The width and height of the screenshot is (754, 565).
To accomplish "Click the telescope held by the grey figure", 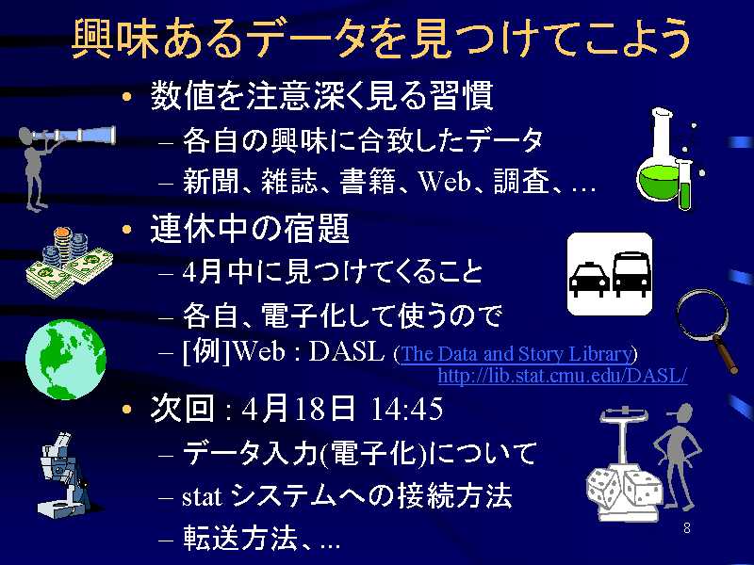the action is [74, 135].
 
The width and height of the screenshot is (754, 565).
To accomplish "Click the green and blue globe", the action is [66, 359].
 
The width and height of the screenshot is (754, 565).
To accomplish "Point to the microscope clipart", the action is [64, 475].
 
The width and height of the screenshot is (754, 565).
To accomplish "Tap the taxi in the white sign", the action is [589, 278].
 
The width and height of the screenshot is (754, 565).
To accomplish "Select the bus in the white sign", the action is [631, 274].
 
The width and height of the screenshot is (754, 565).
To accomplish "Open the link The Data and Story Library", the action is [516, 354].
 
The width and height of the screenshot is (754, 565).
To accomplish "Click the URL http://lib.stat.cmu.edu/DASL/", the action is [562, 375].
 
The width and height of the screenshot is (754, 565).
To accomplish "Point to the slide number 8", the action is [687, 528].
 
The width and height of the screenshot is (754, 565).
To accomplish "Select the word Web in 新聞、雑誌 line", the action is [444, 182].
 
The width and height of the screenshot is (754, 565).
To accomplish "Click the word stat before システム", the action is [202, 497].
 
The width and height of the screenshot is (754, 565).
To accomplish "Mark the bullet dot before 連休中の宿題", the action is [127, 229].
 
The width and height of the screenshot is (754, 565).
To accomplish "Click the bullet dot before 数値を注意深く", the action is [127, 96].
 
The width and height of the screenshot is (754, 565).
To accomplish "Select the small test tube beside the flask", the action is [684, 184].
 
